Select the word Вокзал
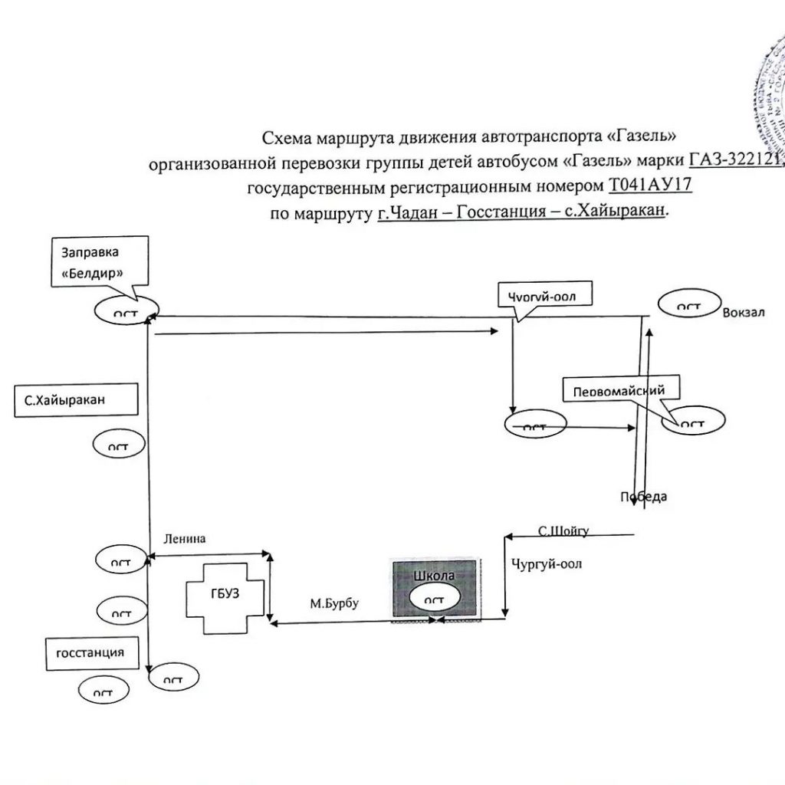743,312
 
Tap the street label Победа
643,497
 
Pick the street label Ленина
184,538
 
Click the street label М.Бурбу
334,603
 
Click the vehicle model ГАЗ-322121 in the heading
734,160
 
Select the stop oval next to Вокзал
687,306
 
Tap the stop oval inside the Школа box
434,599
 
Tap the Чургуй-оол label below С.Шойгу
546,565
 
